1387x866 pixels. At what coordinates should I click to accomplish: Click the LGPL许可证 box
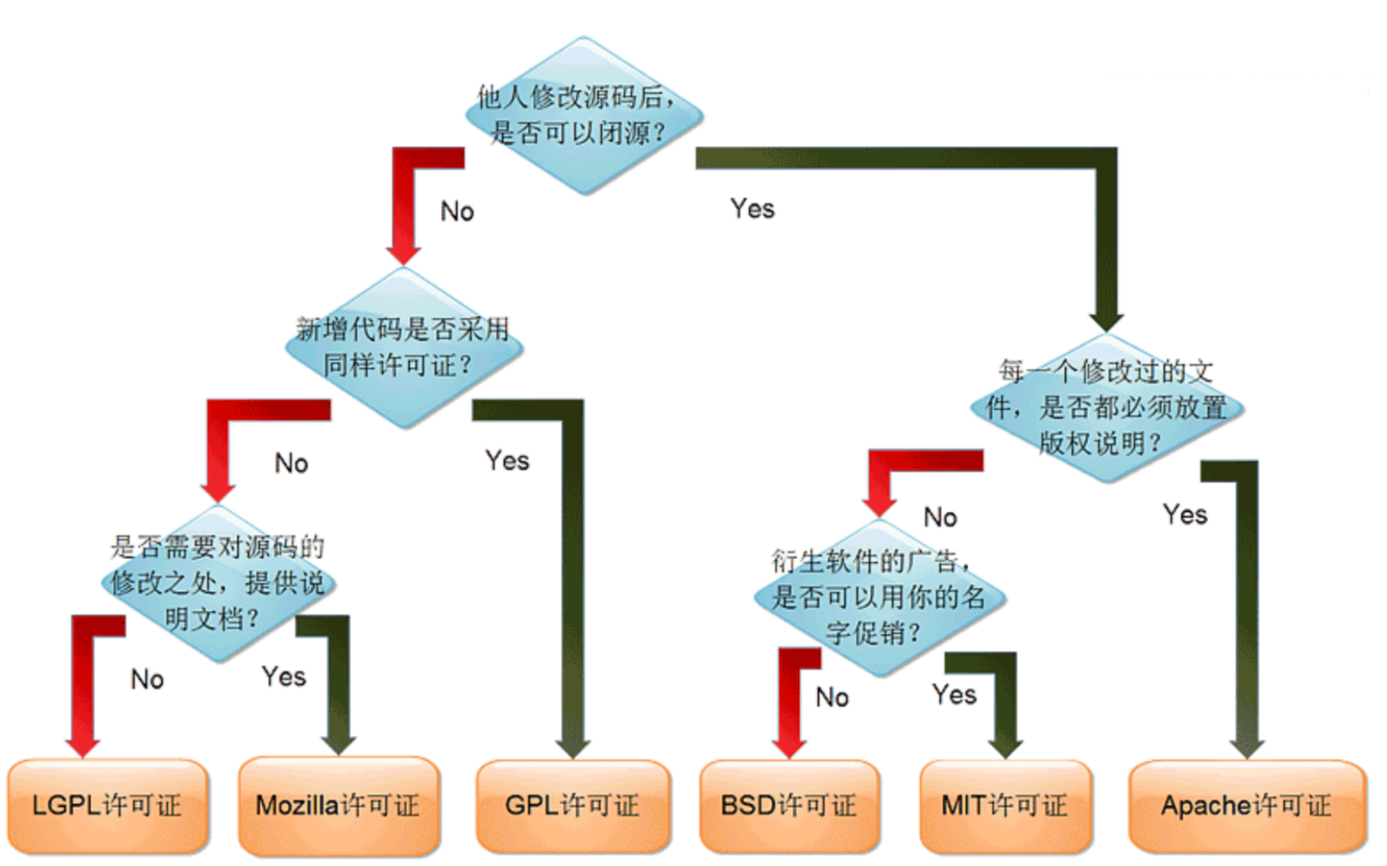(108, 806)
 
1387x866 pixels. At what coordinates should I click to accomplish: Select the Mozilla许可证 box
(338, 806)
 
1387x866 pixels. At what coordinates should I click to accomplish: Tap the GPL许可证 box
(573, 806)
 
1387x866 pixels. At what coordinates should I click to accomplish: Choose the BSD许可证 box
(789, 806)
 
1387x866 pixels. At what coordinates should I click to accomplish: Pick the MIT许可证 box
(1006, 806)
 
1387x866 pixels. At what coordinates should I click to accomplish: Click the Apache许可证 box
(1247, 806)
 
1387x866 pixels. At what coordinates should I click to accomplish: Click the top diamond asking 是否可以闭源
(582, 115)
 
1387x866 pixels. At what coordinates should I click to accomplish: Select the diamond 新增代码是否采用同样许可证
(403, 347)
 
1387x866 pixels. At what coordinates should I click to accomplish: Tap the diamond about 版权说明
(1106, 407)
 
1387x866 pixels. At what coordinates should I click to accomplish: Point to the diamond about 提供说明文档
(217, 583)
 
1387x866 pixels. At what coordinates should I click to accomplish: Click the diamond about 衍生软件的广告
(878, 597)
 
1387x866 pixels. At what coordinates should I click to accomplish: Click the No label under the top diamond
(457, 211)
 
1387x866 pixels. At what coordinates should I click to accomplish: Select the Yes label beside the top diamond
(752, 209)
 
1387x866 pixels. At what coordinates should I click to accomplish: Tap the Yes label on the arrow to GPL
(507, 461)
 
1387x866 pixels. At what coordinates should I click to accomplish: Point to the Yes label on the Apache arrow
(1184, 515)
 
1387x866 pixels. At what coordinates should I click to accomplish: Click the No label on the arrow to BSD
(832, 697)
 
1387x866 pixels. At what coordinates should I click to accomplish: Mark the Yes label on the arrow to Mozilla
(283, 677)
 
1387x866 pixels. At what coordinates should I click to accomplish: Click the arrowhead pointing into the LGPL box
(82, 746)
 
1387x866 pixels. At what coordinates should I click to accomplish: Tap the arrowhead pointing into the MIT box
(1004, 747)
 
